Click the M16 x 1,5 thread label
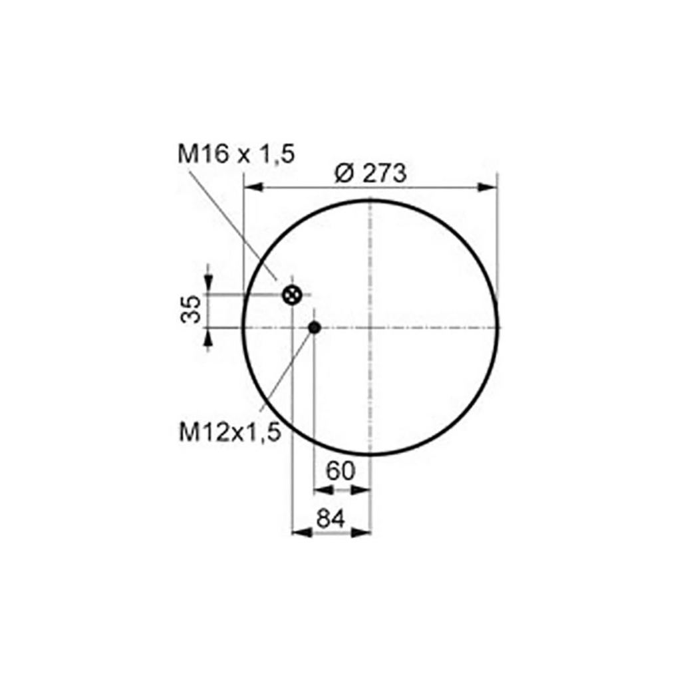(236, 154)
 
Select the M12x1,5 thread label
(230, 432)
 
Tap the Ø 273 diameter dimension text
(371, 174)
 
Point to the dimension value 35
(191, 309)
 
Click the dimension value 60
(340, 471)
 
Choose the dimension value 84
(331, 519)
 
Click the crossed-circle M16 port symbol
(293, 295)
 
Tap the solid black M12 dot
(315, 327)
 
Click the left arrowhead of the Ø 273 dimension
(253, 187)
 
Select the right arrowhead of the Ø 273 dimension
(487, 187)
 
